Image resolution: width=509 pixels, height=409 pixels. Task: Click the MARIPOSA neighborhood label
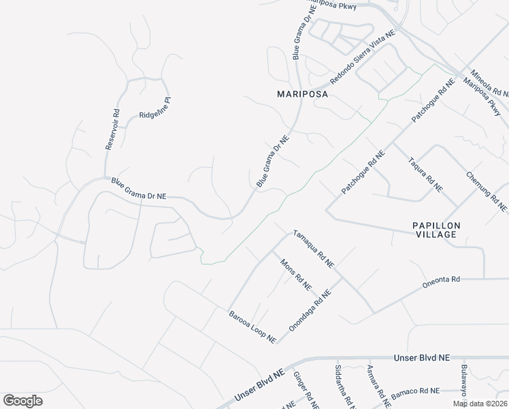302,95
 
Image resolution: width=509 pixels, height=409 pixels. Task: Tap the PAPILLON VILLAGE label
436,230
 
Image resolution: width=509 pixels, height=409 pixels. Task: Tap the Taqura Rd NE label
425,174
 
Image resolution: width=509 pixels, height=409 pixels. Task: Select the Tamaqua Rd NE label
313,247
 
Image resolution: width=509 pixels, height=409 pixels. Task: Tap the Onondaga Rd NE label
310,309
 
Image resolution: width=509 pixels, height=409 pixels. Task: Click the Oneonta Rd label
442,279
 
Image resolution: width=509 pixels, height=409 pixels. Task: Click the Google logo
22,401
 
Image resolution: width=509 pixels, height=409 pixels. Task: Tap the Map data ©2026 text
480,404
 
